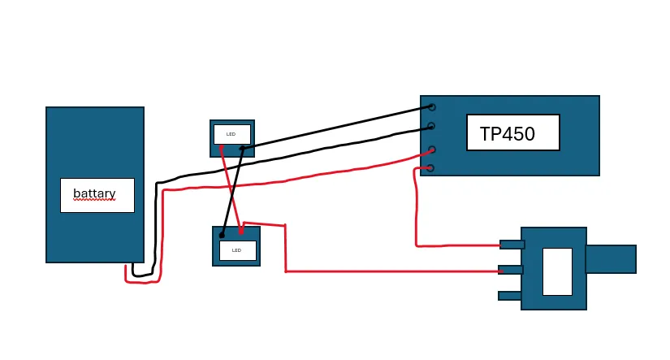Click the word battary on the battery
pos(94,193)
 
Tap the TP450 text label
pos(508,134)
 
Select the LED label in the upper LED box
pos(231,134)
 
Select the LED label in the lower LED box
pos(236,250)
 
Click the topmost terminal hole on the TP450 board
pos(432,107)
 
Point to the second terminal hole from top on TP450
pos(431,126)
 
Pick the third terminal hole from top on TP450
pos(432,150)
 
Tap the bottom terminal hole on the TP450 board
pos(430,168)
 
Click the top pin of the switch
pos(512,245)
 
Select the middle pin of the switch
pos(511,270)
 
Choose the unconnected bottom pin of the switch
pos(510,296)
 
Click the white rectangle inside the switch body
pos(557,271)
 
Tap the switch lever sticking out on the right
pos(612,259)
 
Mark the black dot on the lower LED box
pos(222,235)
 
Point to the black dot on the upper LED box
pos(242,149)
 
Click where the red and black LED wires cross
pos(232,191)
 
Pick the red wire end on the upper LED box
pos(221,148)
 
